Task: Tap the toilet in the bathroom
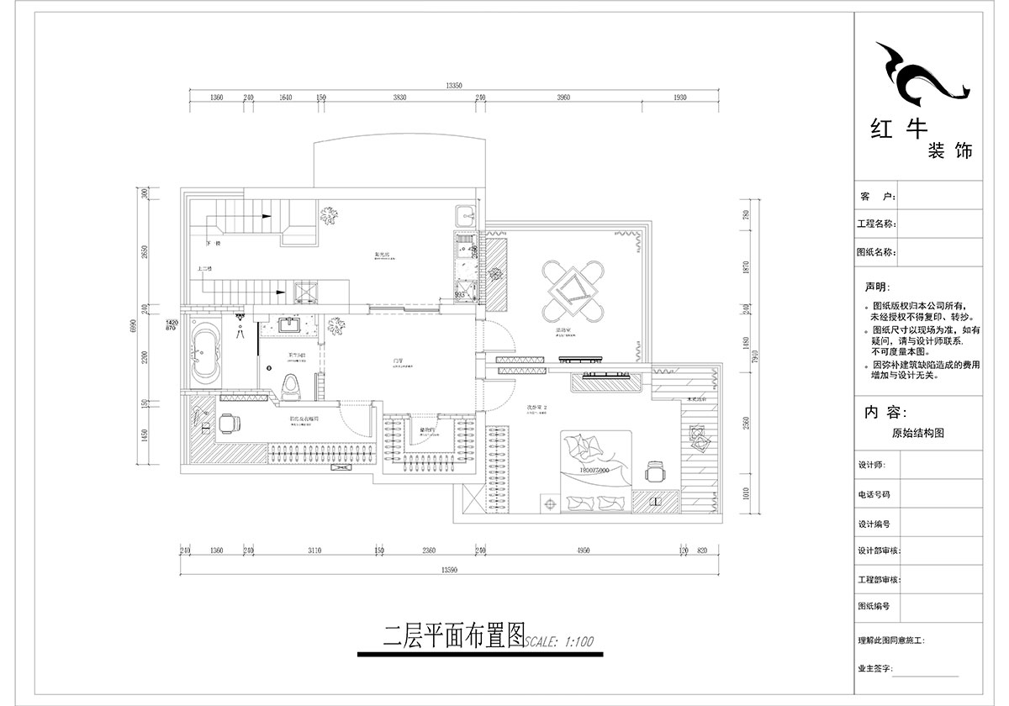pyautogui.click(x=289, y=386)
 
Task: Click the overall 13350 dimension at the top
pyautogui.click(x=455, y=85)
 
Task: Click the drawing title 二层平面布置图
pyautogui.click(x=453, y=635)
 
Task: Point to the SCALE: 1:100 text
pyautogui.click(x=560, y=641)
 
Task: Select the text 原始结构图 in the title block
pyautogui.click(x=917, y=434)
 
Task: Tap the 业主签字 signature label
pyautogui.click(x=874, y=669)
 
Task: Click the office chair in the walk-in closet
pyautogui.click(x=229, y=423)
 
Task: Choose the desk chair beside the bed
pyautogui.click(x=654, y=472)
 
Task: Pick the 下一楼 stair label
pyautogui.click(x=213, y=244)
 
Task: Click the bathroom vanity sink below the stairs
pyautogui.click(x=290, y=324)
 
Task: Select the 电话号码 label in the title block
pyautogui.click(x=874, y=495)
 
